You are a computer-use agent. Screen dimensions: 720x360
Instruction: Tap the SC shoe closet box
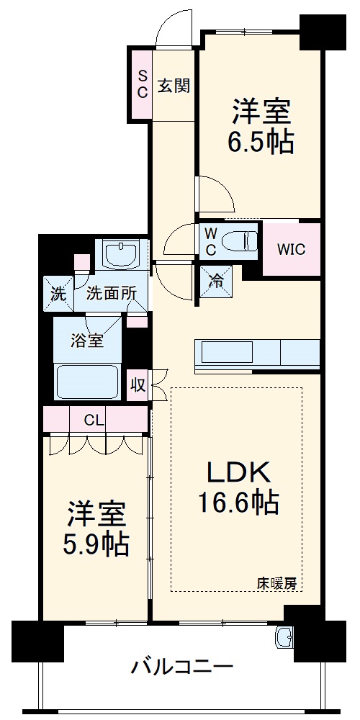click(x=142, y=84)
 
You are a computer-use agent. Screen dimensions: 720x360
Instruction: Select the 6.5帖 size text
click(x=261, y=143)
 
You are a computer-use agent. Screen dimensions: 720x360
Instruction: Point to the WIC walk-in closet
click(x=292, y=249)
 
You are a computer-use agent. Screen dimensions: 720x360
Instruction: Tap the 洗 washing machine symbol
click(x=58, y=293)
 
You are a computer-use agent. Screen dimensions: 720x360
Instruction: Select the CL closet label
click(x=94, y=420)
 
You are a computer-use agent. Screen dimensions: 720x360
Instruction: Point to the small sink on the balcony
click(x=286, y=636)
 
